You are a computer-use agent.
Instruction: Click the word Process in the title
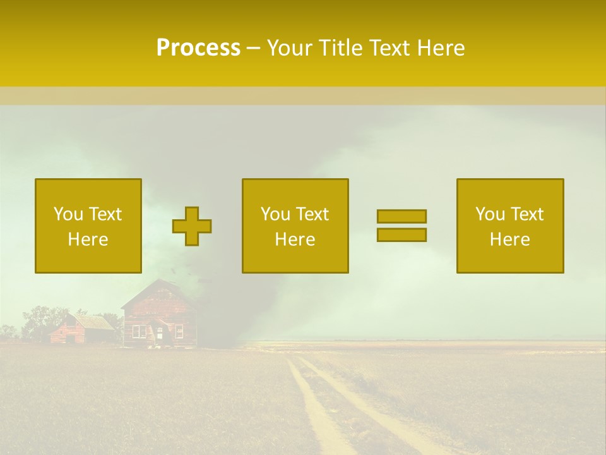(x=198, y=48)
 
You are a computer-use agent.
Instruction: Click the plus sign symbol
(x=192, y=226)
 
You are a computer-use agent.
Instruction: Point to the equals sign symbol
(x=401, y=226)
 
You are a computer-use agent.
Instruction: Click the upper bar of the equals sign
(x=401, y=216)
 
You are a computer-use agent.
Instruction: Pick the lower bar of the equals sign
(x=401, y=235)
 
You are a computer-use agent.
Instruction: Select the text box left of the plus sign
(x=88, y=226)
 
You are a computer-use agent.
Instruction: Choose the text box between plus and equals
(x=295, y=226)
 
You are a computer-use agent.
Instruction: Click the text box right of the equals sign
(x=509, y=226)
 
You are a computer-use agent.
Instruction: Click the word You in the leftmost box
(x=68, y=214)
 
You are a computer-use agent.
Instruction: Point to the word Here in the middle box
(x=295, y=240)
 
